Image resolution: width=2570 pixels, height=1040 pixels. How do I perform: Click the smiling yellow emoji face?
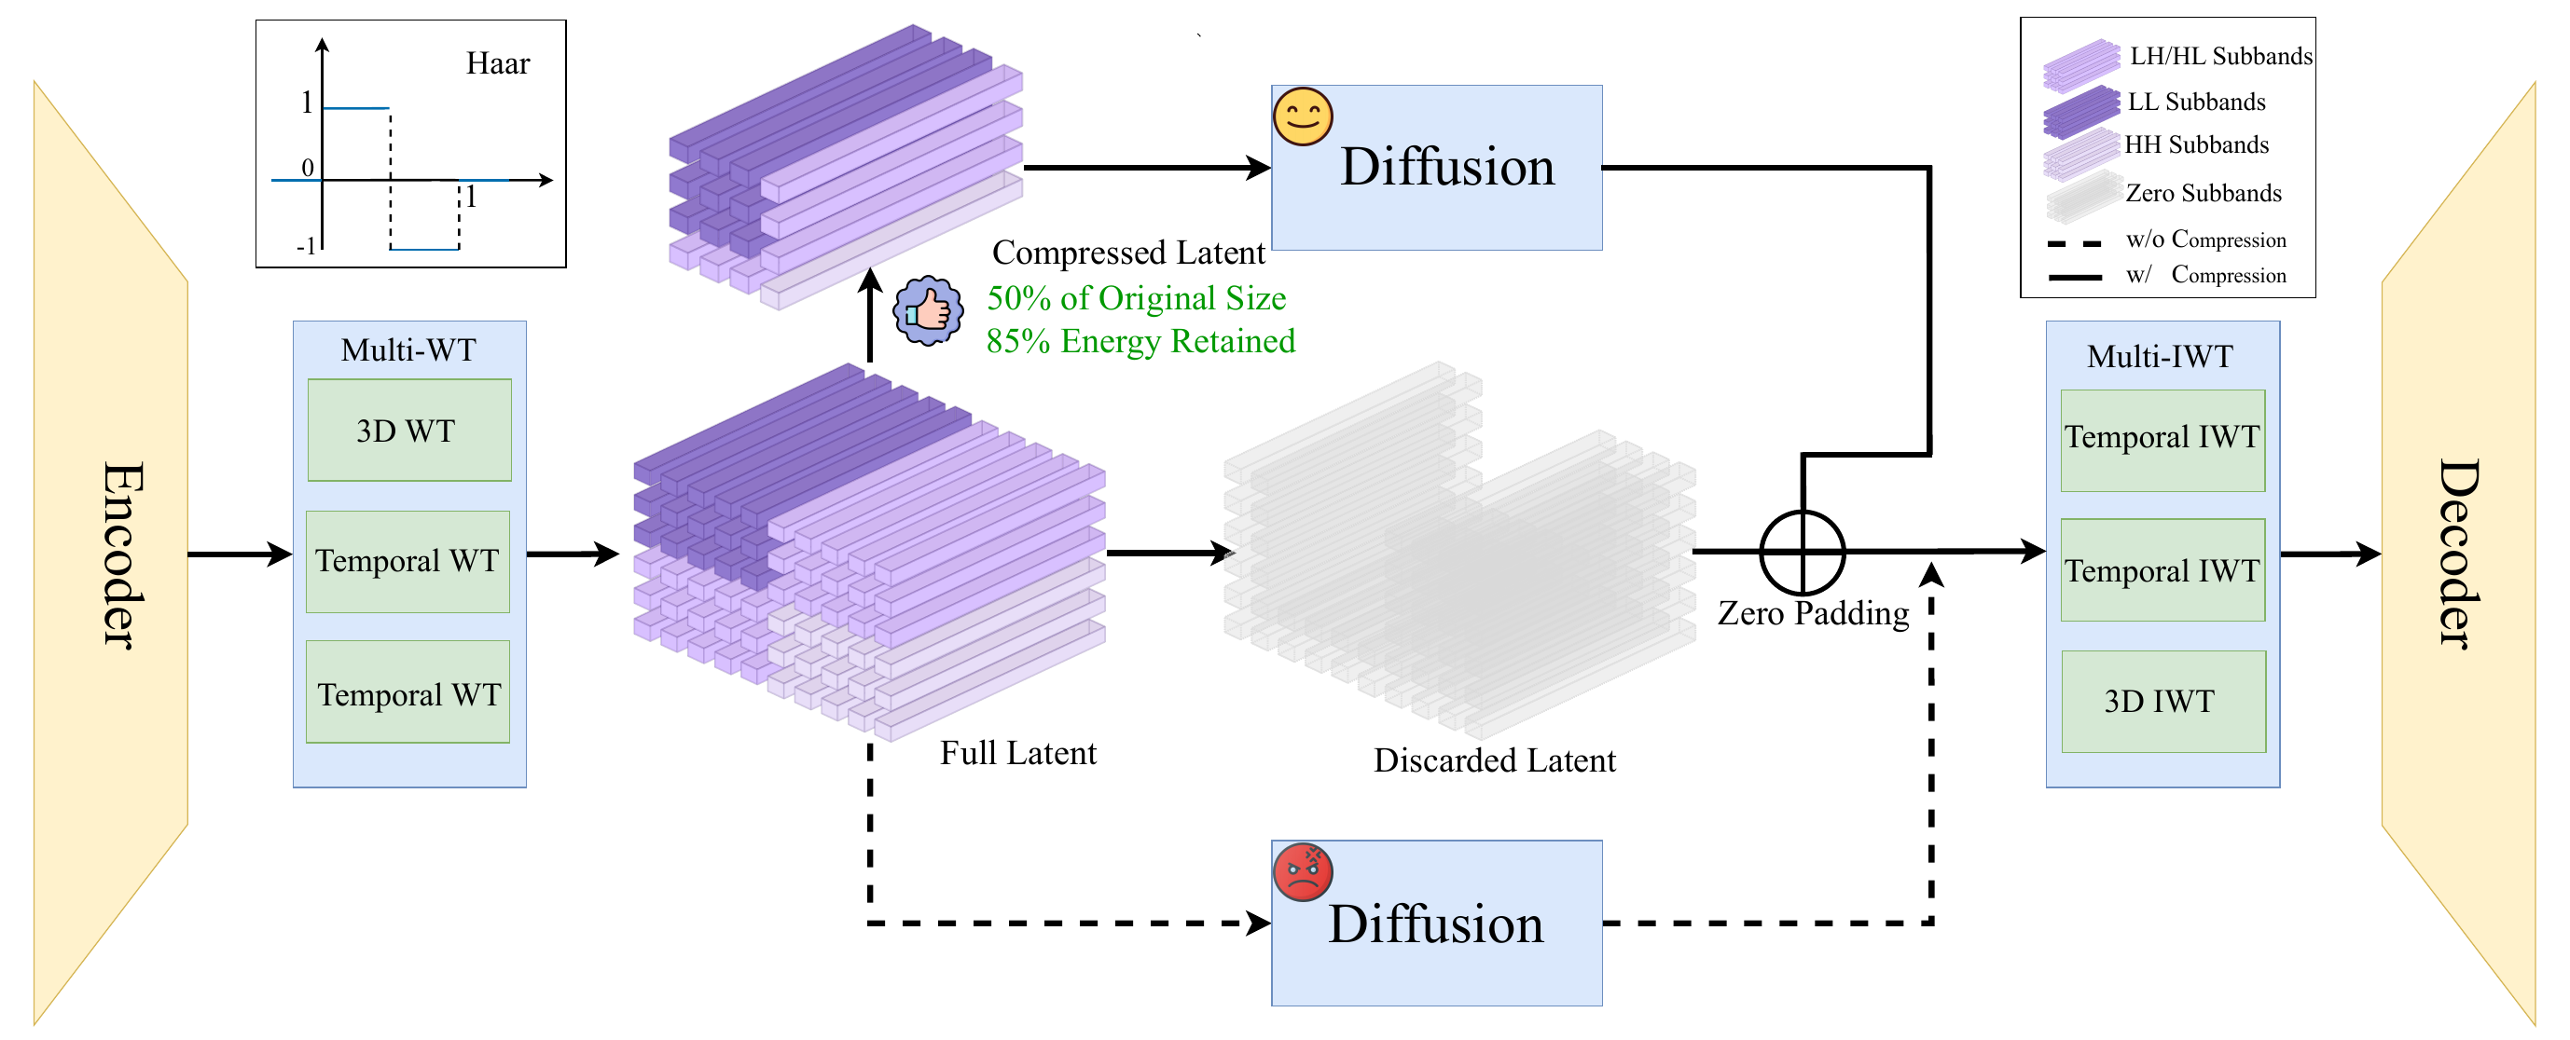[x=1302, y=116]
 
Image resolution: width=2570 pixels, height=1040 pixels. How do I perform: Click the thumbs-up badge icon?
[x=928, y=310]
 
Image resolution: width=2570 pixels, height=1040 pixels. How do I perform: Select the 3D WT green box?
[x=409, y=431]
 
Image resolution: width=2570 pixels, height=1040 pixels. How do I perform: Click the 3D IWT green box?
[x=2162, y=701]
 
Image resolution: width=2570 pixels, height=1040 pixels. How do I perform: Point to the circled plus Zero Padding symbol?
[x=1802, y=552]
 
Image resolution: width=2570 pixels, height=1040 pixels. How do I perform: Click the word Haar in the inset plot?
[x=498, y=63]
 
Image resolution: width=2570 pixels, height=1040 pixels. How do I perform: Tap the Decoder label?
[x=2456, y=554]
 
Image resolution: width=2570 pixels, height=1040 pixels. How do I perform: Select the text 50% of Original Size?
[x=1137, y=298]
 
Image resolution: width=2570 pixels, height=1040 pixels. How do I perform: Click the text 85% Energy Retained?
[x=1140, y=341]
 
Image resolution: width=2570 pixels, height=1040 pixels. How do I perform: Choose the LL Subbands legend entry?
[x=2195, y=102]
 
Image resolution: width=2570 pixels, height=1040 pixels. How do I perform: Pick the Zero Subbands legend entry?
[x=2203, y=193]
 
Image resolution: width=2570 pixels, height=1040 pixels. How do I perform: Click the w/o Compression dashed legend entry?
[x=2204, y=239]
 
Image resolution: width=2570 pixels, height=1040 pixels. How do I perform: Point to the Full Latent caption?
[x=1017, y=753]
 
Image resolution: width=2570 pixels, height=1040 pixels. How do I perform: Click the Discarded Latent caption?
[x=1494, y=760]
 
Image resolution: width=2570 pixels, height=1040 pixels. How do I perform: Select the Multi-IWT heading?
[x=2160, y=356]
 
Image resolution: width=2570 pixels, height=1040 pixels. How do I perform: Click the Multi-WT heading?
[x=408, y=350]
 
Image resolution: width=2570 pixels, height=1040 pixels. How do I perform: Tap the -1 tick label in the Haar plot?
[x=305, y=245]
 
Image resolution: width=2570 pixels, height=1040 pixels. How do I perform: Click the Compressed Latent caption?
[x=1127, y=253]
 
